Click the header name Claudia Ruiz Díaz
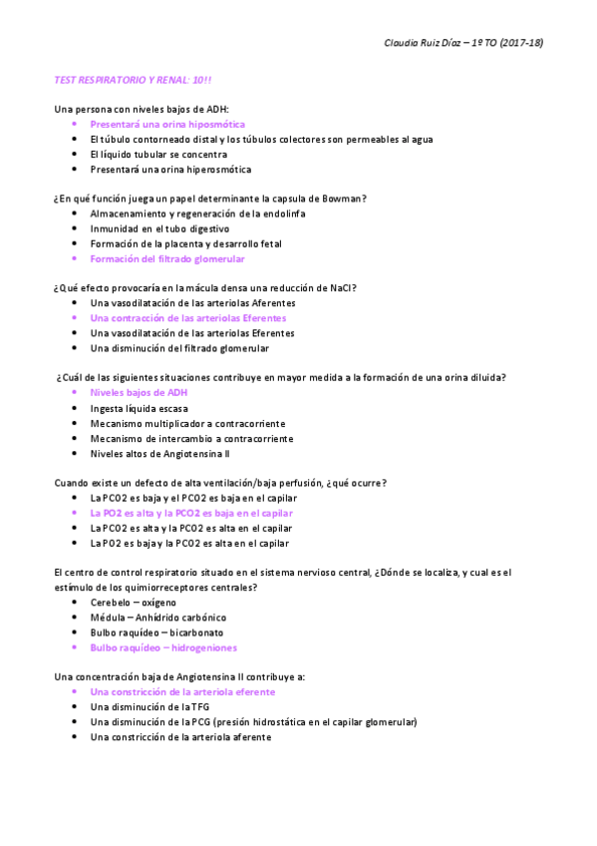[431, 43]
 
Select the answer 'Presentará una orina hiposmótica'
[166, 125]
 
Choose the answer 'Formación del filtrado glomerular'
[166, 258]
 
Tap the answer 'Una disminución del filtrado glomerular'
[179, 348]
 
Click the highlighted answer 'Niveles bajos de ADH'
[139, 393]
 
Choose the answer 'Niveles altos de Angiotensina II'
[160, 453]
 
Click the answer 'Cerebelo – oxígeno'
[133, 603]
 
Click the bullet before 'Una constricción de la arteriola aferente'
[75, 736]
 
